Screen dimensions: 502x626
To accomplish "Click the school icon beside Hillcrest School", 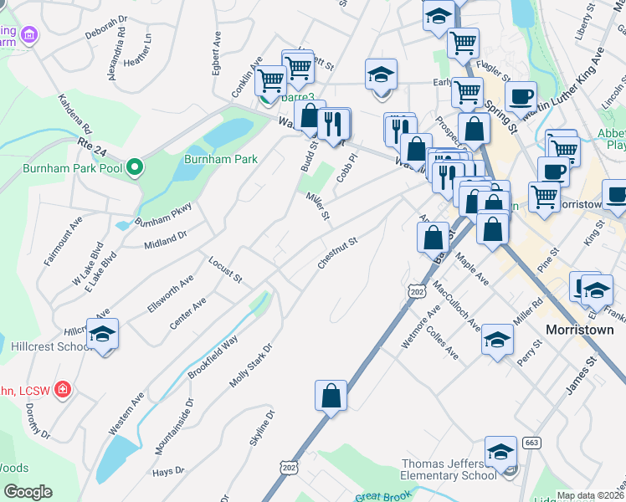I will tap(103, 336).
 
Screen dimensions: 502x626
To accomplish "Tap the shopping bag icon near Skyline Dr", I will tap(331, 397).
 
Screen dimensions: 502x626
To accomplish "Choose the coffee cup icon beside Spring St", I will tap(521, 97).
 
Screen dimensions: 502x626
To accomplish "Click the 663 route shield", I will tap(531, 442).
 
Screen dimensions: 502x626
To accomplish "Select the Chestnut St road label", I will tap(337, 252).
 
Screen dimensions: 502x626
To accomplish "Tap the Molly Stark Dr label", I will tap(251, 365).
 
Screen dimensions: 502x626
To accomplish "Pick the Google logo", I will tap(28, 492).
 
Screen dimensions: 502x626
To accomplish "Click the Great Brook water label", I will tap(381, 495).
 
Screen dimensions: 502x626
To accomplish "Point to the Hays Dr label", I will tap(167, 472).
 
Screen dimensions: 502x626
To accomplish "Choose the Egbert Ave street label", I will tap(217, 53).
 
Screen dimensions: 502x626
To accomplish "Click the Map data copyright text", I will tap(589, 495).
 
